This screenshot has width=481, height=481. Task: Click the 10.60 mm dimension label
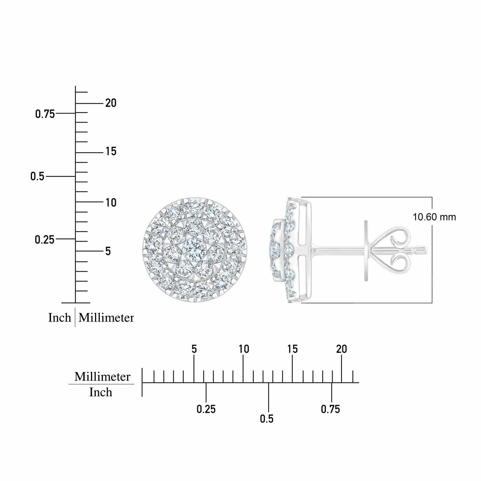[x=434, y=217]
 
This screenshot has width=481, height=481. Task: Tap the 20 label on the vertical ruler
[x=111, y=103]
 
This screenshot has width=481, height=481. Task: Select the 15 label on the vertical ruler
[x=111, y=151]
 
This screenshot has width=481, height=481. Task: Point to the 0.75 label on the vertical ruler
[x=45, y=114]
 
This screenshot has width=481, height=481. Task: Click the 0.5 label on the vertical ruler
[x=37, y=176]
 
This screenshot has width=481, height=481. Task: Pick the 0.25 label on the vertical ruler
[x=44, y=240]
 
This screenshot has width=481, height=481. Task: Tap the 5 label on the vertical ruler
[x=108, y=251]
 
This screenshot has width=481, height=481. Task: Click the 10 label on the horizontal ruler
[x=244, y=349]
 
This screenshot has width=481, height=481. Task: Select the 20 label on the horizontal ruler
[x=342, y=349]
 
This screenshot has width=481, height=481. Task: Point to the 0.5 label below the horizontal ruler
[x=267, y=419]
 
